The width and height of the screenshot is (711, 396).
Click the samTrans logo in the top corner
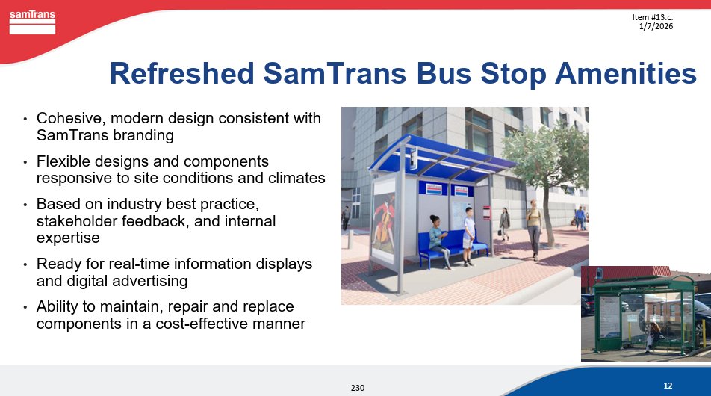(x=32, y=22)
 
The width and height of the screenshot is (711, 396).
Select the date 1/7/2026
(x=656, y=26)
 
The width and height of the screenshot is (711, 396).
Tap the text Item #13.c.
(x=653, y=17)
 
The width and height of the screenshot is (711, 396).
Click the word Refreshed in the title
(x=181, y=73)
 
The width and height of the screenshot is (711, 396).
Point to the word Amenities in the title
(x=626, y=73)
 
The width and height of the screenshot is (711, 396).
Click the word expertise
(x=68, y=238)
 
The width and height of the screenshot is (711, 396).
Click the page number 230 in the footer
(x=357, y=388)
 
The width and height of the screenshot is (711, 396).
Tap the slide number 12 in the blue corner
(x=668, y=386)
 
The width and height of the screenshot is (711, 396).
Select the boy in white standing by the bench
(x=468, y=236)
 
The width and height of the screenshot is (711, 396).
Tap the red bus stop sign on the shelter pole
(x=486, y=213)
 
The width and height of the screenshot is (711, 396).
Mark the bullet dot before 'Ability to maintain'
(x=25, y=308)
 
